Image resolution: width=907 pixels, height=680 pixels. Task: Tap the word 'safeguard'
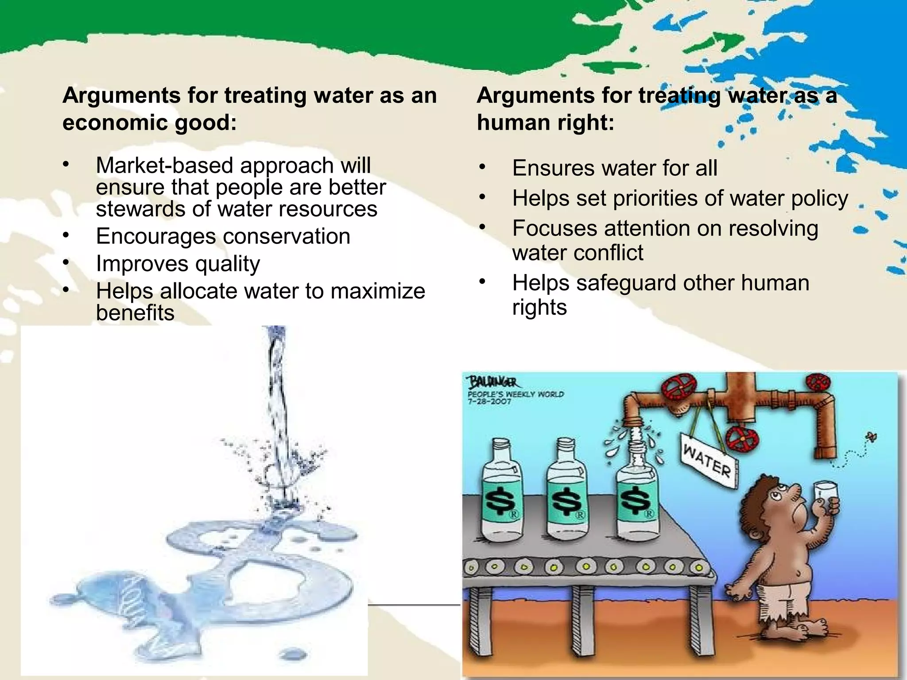click(626, 283)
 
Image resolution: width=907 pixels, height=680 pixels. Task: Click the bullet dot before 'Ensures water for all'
click(482, 167)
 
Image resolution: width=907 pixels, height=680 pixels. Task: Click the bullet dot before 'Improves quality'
click(66, 263)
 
